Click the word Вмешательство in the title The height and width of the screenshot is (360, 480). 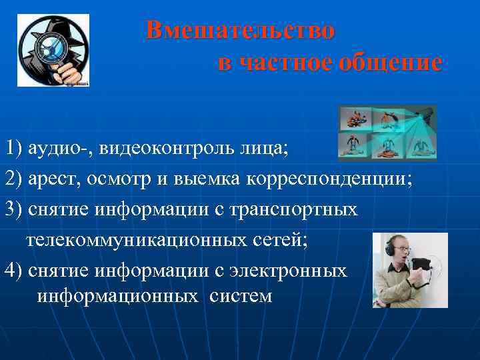(x=241, y=30)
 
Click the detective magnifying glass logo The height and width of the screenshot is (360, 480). (x=53, y=51)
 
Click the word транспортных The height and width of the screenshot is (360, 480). (x=297, y=209)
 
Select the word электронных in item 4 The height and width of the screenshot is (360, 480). (x=288, y=270)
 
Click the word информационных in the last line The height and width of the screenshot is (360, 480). (x=117, y=296)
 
